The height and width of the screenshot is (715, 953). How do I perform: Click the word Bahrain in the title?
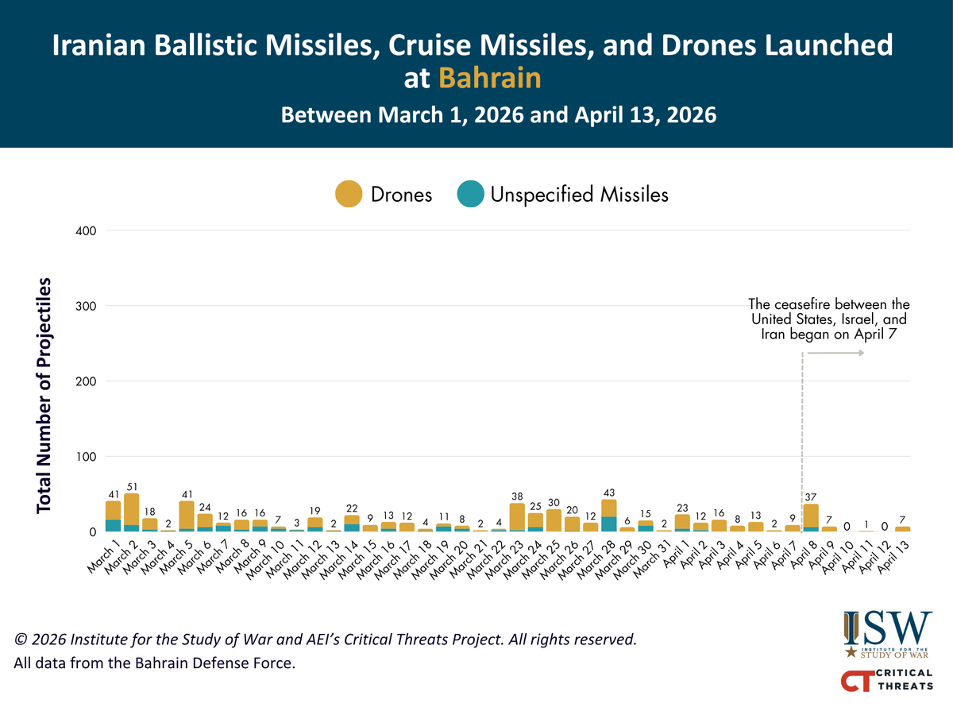[488, 78]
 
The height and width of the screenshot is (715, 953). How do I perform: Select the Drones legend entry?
[385, 194]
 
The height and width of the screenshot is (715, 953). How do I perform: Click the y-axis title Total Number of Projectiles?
[45, 394]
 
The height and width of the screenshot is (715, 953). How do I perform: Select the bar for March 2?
[132, 513]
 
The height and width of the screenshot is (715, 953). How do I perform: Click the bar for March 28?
[609, 516]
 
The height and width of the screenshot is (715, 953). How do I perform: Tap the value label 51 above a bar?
[132, 485]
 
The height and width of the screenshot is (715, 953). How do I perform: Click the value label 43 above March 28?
[609, 493]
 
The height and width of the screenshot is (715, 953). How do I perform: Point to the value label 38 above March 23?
[517, 497]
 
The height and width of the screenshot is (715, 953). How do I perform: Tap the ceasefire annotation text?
[829, 320]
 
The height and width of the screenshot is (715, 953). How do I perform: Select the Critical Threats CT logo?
[888, 682]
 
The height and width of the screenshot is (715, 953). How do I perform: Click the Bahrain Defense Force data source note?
[154, 662]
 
